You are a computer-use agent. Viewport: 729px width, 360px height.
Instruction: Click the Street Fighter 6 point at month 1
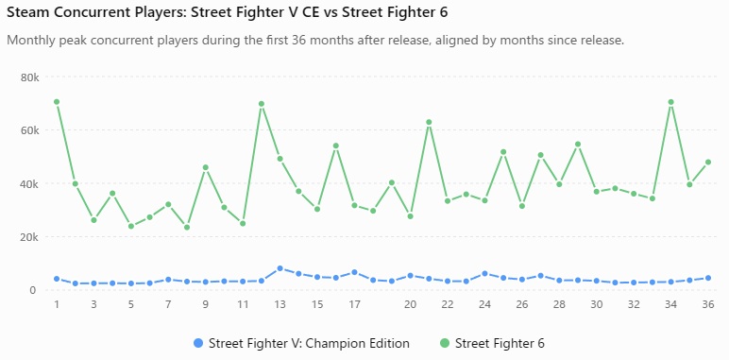pos(57,102)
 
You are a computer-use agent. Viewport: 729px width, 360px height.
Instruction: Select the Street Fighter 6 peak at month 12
pos(262,104)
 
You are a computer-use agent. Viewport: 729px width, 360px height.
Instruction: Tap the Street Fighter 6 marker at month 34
pos(670,102)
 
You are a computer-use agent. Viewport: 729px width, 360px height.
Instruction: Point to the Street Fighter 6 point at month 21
pos(429,122)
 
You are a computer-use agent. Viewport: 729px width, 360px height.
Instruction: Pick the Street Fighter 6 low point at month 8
pos(187,228)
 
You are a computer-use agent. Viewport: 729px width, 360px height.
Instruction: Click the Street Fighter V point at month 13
pos(280,268)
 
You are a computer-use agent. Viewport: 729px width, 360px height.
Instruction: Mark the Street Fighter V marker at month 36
pos(708,278)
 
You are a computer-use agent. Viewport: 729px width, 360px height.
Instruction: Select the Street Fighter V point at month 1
pos(57,279)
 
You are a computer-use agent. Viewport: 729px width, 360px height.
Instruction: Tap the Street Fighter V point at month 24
pos(485,273)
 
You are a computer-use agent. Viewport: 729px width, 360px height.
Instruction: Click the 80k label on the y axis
pos(30,77)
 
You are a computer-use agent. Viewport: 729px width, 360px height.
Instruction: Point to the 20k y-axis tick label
pos(30,237)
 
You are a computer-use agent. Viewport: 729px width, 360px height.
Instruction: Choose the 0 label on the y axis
pos(32,290)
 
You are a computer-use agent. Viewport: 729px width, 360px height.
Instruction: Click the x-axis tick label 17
pos(354,304)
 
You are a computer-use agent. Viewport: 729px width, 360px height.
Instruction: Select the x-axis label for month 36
pos(708,304)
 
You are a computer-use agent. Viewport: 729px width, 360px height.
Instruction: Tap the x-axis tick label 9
pos(206,304)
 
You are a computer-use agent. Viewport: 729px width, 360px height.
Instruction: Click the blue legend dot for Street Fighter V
pos(198,344)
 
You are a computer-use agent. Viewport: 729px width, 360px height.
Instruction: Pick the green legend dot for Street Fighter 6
pos(445,344)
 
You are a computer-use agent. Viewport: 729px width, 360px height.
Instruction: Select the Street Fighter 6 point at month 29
pos(578,145)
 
